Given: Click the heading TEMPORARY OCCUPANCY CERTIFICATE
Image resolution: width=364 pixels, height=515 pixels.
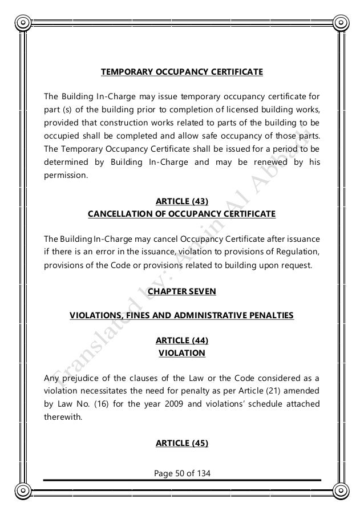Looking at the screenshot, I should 182,72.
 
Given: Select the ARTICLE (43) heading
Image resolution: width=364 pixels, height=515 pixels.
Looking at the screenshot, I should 182,201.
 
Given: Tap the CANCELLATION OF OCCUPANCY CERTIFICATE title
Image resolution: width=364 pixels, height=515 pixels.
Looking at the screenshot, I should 182,214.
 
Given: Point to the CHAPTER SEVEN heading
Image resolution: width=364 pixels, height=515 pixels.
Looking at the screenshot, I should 182,291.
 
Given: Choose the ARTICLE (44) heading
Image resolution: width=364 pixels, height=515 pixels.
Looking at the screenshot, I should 182,340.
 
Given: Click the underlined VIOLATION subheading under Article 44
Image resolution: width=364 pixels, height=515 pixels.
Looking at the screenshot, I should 182,353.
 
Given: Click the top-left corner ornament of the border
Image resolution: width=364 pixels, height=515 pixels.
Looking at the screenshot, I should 23,23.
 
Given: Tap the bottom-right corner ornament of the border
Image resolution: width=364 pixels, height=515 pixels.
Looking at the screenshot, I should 341,492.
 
